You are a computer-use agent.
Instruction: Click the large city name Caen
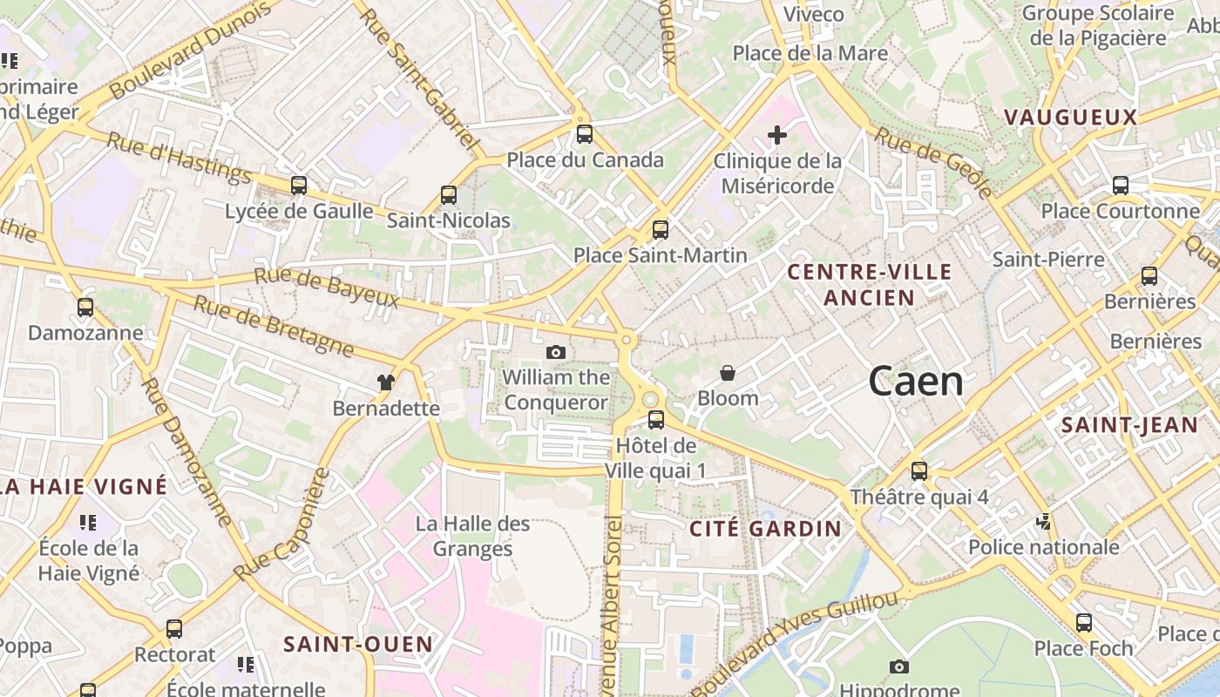pyautogui.click(x=916, y=382)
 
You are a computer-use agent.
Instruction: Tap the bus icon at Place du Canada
pyautogui.click(x=584, y=134)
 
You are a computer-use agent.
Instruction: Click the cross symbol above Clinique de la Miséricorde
pyautogui.click(x=776, y=135)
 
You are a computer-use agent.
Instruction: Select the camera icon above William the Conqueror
pyautogui.click(x=555, y=352)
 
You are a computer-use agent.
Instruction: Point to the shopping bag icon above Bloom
pyautogui.click(x=728, y=373)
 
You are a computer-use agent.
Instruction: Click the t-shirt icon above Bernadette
pyautogui.click(x=385, y=382)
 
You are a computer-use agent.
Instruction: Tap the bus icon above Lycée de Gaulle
pyautogui.click(x=299, y=185)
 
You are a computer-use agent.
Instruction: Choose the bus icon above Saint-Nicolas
pyautogui.click(x=449, y=194)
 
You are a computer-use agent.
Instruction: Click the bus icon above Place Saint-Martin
pyautogui.click(x=661, y=230)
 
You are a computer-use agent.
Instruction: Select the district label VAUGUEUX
pyautogui.click(x=1070, y=118)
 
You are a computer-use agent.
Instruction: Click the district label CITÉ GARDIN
pyautogui.click(x=766, y=528)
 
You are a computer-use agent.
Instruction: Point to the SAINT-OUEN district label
pyautogui.click(x=358, y=645)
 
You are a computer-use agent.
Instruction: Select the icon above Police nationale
pyautogui.click(x=1043, y=522)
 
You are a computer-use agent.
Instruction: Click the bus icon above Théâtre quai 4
pyautogui.click(x=919, y=471)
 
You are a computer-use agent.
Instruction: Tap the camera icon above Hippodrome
pyautogui.click(x=899, y=667)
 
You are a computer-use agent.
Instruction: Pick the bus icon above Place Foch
pyautogui.click(x=1084, y=623)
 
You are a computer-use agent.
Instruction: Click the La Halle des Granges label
pyautogui.click(x=472, y=536)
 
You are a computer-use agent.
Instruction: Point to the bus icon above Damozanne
pyautogui.click(x=85, y=308)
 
